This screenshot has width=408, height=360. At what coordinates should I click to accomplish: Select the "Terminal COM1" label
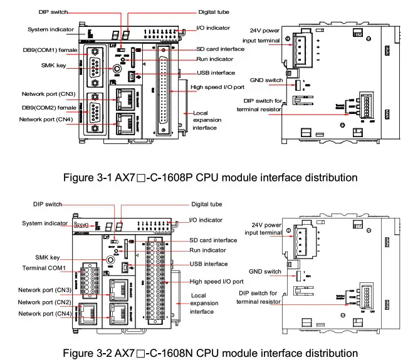[x=44, y=268]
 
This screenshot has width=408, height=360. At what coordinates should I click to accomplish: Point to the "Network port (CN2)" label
[x=44, y=302]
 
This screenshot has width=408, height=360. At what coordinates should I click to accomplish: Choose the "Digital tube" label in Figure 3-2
[x=206, y=204]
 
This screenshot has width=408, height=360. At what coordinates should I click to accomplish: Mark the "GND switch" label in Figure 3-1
[x=265, y=80]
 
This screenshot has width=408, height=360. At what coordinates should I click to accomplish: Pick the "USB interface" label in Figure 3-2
[x=209, y=264]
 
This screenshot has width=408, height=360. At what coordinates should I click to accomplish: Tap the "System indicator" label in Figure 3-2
[x=41, y=224]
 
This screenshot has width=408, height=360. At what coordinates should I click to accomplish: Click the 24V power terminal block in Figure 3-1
[x=306, y=48]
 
